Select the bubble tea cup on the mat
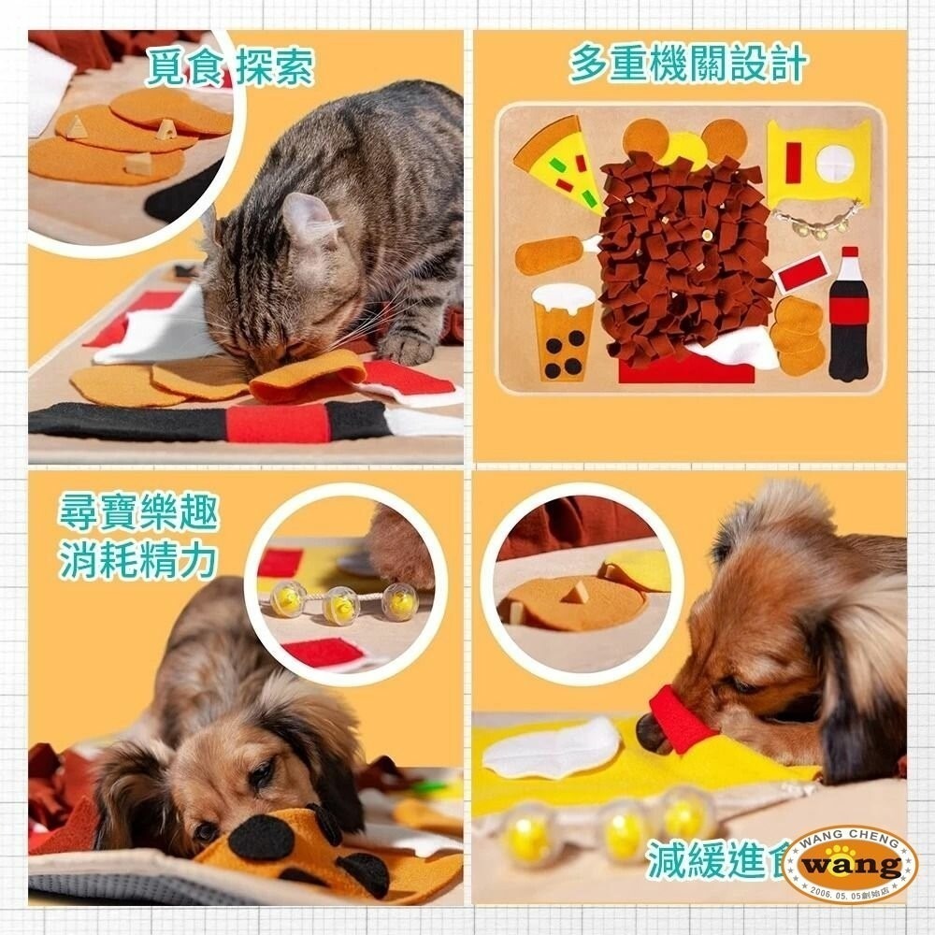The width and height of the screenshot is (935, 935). click(564, 332)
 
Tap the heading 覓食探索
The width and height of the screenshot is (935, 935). click(230, 67)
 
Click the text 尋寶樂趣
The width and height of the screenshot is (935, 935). click(137, 513)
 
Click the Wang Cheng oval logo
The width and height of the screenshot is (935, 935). click(849, 864)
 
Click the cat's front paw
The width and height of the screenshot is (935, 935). click(404, 347)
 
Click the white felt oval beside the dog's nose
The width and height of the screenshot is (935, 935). click(552, 748)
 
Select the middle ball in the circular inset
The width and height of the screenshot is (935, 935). click(341, 606)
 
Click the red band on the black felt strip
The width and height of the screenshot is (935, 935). click(277, 423)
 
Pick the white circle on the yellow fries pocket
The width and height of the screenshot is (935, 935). click(834, 163)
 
